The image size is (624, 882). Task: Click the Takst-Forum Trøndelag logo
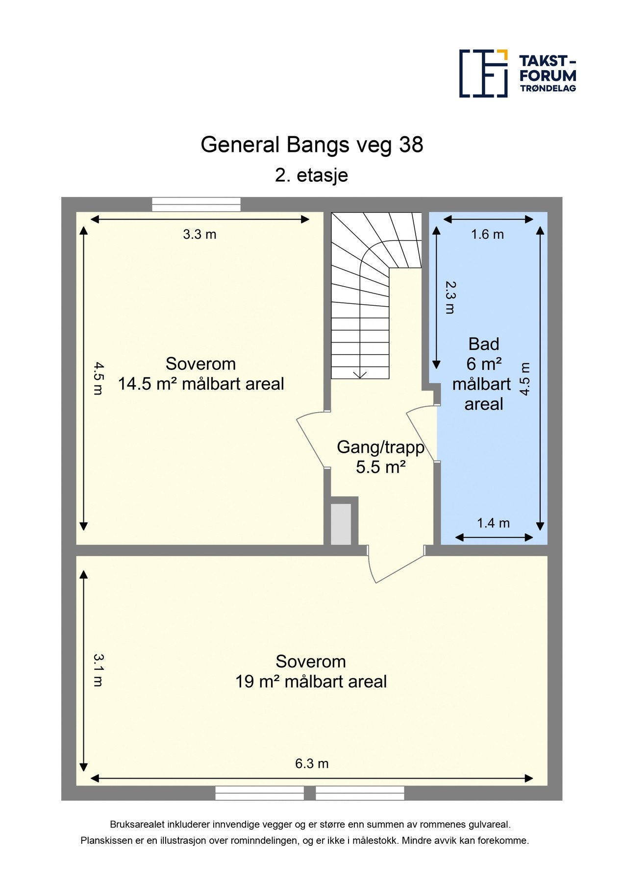click(x=517, y=73)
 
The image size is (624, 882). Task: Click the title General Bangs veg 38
click(x=312, y=145)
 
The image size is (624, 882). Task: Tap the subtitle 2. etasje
click(x=311, y=175)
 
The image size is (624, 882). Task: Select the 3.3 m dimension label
click(x=200, y=234)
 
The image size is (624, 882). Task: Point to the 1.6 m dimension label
click(x=487, y=234)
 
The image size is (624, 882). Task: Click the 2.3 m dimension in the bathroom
click(x=450, y=297)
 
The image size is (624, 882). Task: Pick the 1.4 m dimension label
click(x=493, y=523)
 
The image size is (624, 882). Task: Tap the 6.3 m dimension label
click(x=312, y=763)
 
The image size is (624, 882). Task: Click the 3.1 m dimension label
click(x=98, y=670)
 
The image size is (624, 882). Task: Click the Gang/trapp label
click(x=380, y=457)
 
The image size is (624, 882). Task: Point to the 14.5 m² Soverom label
click(x=200, y=373)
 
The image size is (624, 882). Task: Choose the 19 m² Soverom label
click(x=311, y=671)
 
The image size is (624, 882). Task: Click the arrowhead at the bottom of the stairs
click(x=360, y=375)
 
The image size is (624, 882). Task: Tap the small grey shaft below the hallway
click(x=341, y=524)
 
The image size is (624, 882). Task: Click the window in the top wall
click(x=196, y=204)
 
